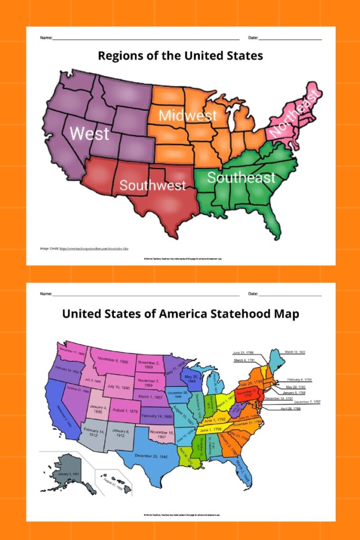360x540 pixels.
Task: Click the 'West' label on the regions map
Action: [x=89, y=133]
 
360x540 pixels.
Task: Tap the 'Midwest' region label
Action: [x=188, y=115]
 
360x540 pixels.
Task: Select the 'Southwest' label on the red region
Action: [x=152, y=185]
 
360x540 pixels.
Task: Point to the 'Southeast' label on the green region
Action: [x=241, y=177]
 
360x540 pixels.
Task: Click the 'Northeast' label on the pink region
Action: [x=293, y=114]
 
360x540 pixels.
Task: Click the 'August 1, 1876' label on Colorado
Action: [x=124, y=410]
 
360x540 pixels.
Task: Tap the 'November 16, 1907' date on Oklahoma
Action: [x=162, y=435]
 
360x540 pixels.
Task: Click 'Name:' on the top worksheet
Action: [x=46, y=38]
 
